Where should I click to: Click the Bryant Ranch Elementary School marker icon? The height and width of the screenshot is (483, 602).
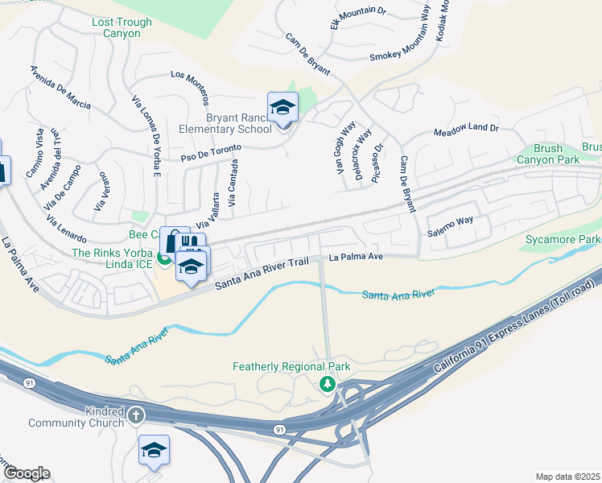(x=282, y=108)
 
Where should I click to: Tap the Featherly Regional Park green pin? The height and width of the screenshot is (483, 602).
(x=327, y=384)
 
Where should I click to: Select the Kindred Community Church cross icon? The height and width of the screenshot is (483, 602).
(x=136, y=416)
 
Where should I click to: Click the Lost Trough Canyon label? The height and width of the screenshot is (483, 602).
(x=122, y=28)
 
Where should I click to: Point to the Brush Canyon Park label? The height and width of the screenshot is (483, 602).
(x=556, y=154)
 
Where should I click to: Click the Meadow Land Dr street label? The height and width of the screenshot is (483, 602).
(x=466, y=129)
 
